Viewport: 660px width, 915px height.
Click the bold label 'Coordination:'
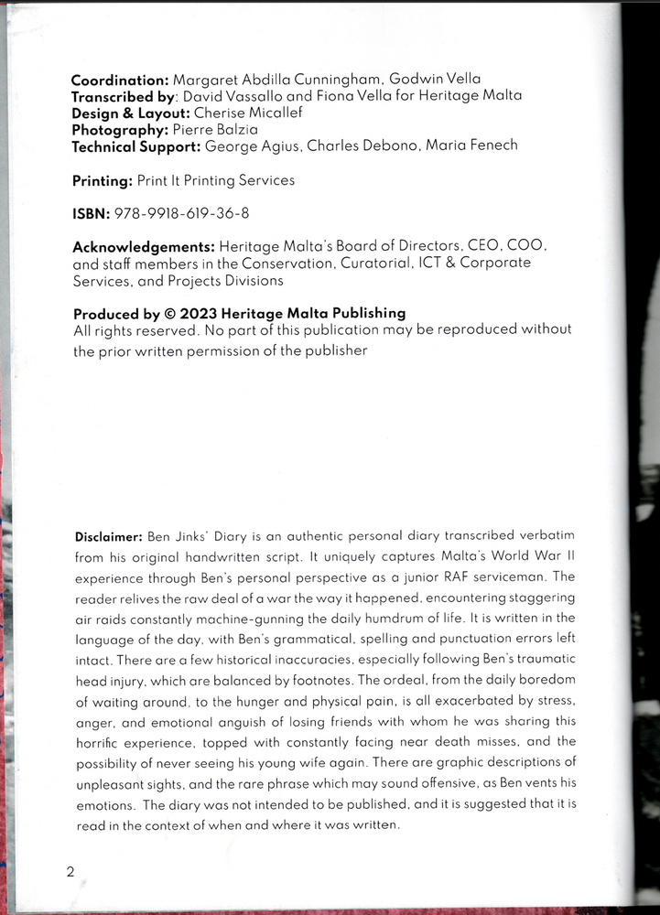coord(119,80)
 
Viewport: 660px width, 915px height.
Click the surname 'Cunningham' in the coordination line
coord(352,80)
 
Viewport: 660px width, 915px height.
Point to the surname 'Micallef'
coord(274,113)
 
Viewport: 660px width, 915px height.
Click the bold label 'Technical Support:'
coord(136,145)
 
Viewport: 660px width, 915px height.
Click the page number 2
coord(70,872)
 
